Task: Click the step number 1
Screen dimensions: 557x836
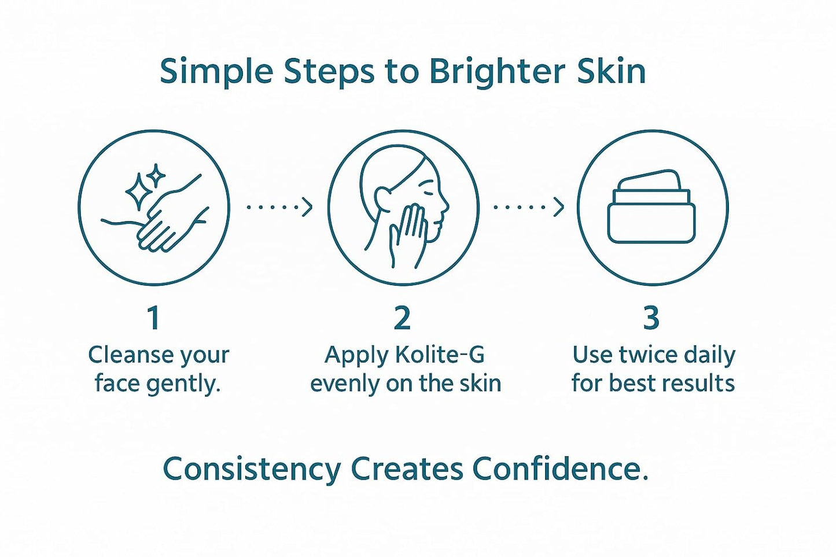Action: point(153,318)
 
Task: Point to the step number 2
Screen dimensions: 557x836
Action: point(402,318)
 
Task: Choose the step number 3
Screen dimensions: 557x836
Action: point(651,318)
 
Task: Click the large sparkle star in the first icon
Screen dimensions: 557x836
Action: point(138,191)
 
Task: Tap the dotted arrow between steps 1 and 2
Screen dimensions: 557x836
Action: point(279,206)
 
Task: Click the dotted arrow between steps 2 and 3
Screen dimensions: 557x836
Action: point(528,206)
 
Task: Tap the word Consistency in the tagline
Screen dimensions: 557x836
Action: point(252,469)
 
